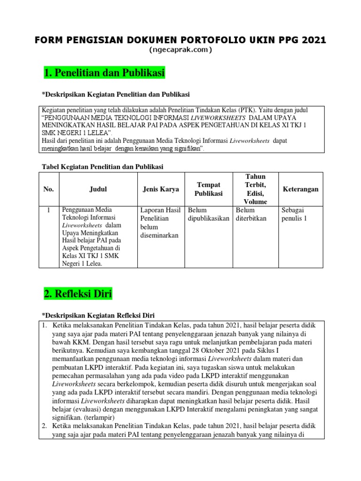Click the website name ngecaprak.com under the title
click(180, 50)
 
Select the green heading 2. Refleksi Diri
click(78, 294)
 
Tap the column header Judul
click(98, 189)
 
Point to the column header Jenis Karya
click(161, 189)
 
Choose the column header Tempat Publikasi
click(208, 189)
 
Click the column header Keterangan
click(300, 189)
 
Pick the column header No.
click(49, 189)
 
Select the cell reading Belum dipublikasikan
click(208, 214)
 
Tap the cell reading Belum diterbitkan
click(251, 214)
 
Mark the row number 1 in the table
click(49, 210)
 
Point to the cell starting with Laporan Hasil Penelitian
click(160, 223)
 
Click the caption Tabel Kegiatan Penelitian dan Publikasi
click(102, 166)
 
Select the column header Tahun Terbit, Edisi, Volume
click(255, 189)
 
